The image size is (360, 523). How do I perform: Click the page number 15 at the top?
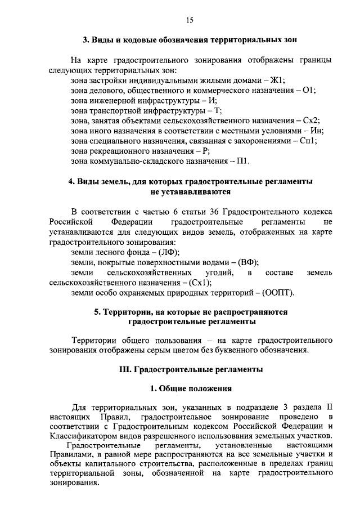(189, 20)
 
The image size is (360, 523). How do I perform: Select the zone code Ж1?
(278, 81)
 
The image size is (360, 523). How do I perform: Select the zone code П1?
(242, 162)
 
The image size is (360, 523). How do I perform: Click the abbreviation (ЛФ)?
(169, 252)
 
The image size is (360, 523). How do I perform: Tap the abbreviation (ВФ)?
(249, 262)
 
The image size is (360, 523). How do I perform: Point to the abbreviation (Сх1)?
(200, 283)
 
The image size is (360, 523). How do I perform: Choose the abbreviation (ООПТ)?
(277, 293)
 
